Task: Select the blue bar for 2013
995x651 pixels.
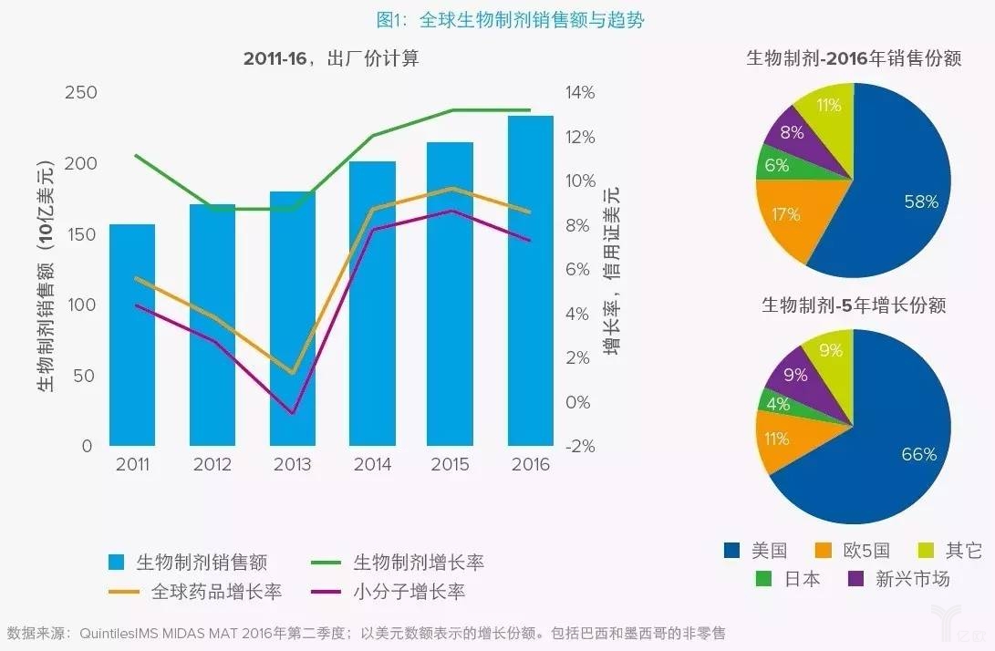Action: coord(293,318)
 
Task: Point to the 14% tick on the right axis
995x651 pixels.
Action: coord(580,93)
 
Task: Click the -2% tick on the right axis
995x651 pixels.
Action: coord(579,447)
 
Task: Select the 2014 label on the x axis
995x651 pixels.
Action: coord(371,465)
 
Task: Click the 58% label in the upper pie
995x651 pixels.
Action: coord(919,202)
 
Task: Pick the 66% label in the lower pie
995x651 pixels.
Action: coord(918,454)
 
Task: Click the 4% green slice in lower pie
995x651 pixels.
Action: coord(778,403)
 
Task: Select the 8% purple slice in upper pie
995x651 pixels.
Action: coord(792,133)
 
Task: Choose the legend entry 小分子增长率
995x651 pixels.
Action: coord(409,592)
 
